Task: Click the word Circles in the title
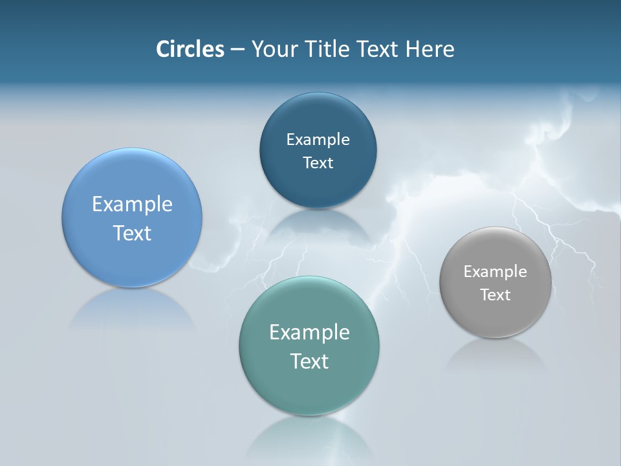tap(190, 49)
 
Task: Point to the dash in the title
tap(237, 50)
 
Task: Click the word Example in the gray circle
tap(496, 272)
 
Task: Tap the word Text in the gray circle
tap(496, 295)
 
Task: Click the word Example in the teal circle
tap(309, 333)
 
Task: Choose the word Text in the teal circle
tap(309, 361)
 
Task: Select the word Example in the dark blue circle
tap(318, 140)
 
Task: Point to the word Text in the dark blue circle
tap(318, 163)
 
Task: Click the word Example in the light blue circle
tap(132, 205)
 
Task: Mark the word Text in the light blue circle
tap(132, 233)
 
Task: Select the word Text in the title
tap(379, 49)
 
